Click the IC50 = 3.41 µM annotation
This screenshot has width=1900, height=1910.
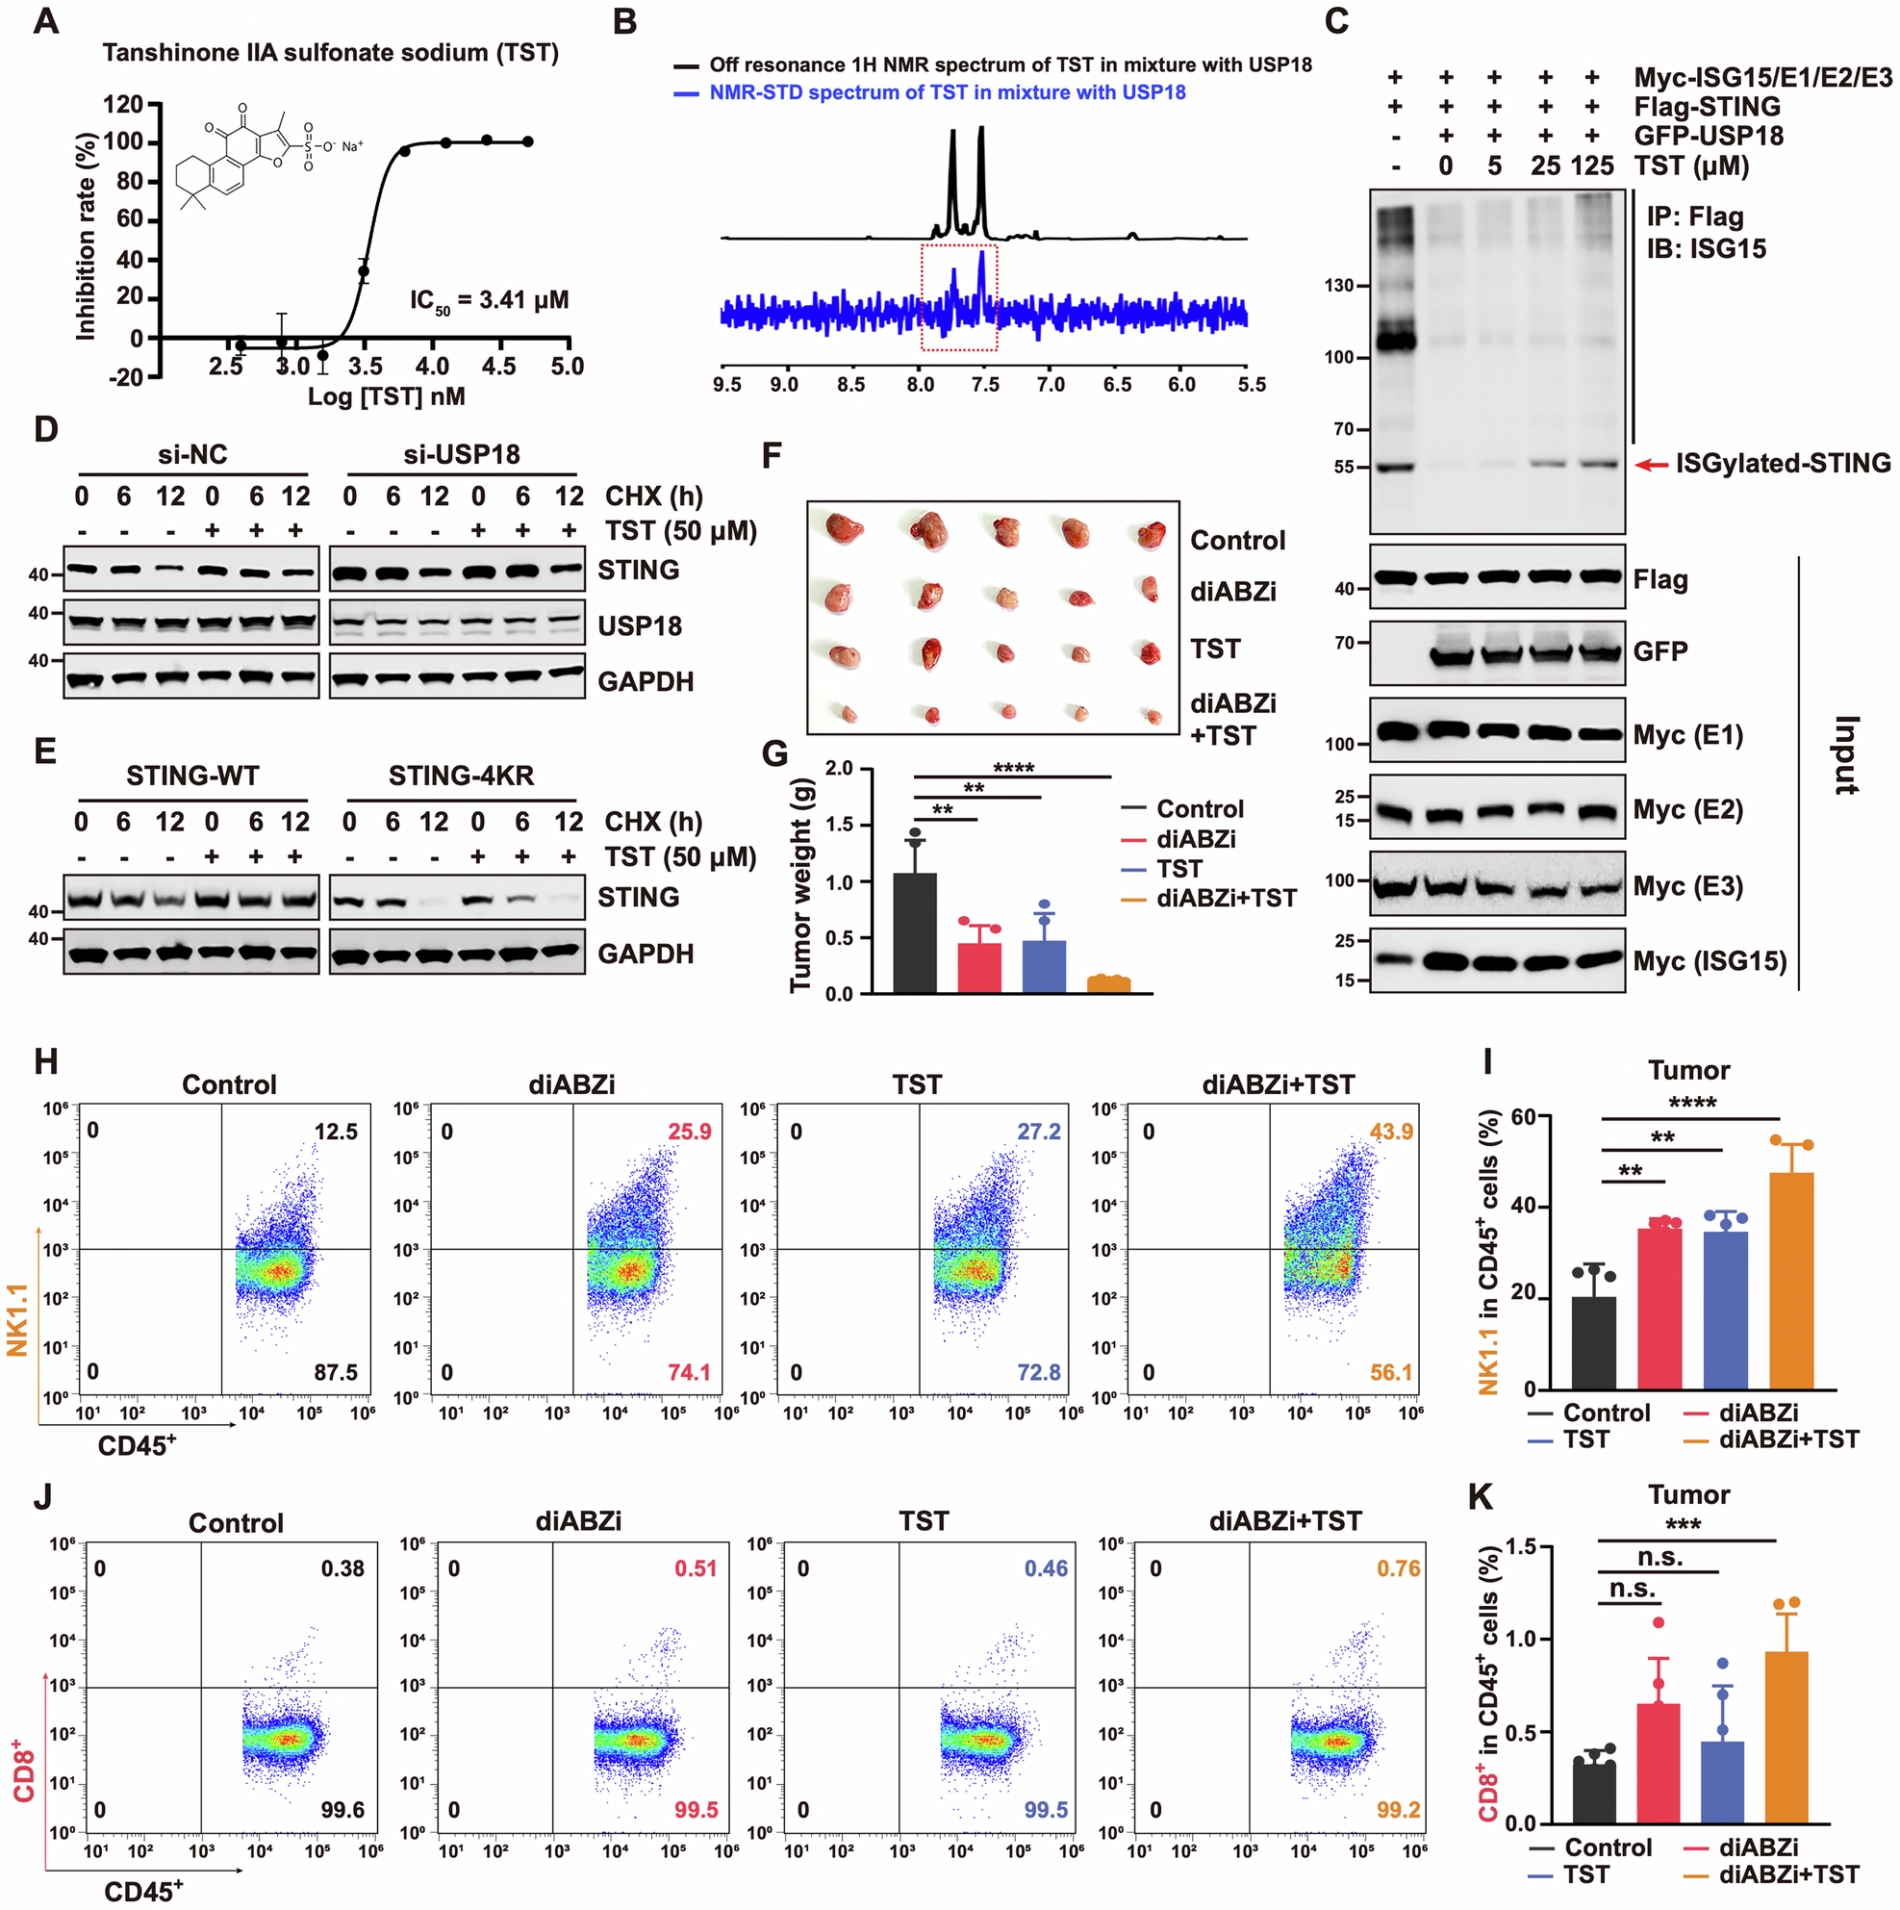pos(490,300)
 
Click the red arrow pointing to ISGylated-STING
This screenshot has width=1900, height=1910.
pos(1650,464)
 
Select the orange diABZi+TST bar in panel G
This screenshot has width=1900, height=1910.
pos(1108,984)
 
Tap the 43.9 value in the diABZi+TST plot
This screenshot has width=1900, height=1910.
pos(1391,1131)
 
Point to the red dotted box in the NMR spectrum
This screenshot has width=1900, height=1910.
pos(958,297)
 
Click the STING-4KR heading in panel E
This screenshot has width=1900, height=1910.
pos(461,777)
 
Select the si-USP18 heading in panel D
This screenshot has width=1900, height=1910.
pos(461,455)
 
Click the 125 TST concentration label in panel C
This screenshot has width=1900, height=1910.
pos(1591,166)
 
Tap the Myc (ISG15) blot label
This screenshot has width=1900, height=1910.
pos(1710,961)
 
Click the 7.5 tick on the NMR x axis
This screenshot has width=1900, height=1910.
pos(984,385)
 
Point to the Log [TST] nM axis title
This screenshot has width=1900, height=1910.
pos(386,397)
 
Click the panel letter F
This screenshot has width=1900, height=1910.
pos(773,457)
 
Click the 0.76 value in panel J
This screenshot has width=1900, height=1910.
pos(1398,1568)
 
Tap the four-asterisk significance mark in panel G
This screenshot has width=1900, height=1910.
pos(1013,768)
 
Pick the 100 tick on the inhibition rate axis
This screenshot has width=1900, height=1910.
pos(122,141)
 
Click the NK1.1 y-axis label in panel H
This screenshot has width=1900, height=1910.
pos(17,1319)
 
